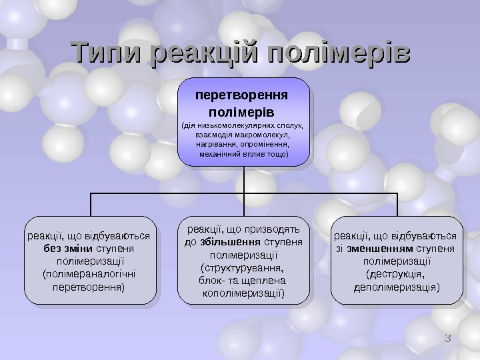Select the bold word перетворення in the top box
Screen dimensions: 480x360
(x=245, y=95)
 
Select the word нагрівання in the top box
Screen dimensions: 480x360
(x=215, y=144)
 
